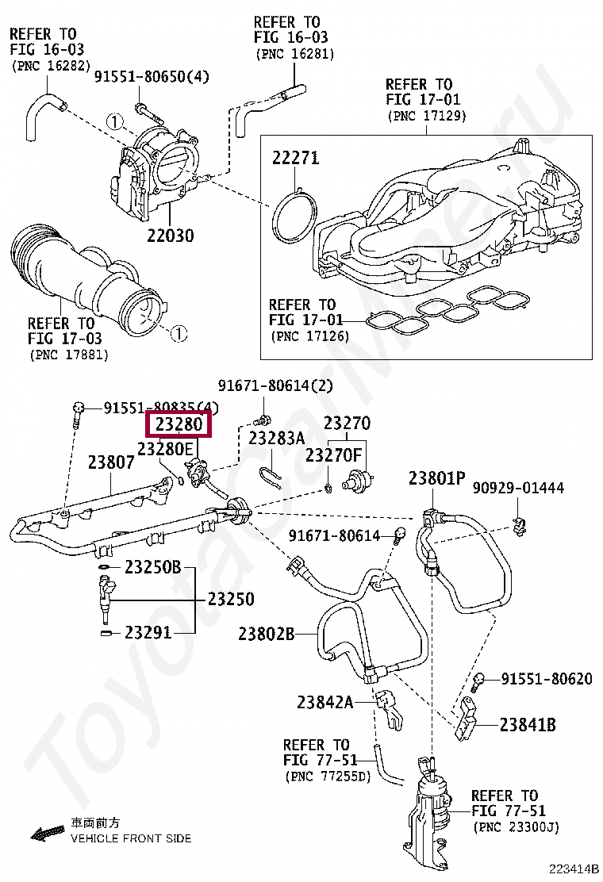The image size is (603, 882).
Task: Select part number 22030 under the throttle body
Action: click(x=170, y=236)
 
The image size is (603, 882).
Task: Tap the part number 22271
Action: click(x=296, y=158)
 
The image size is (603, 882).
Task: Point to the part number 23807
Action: click(x=111, y=462)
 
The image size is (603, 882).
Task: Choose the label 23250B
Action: click(x=153, y=567)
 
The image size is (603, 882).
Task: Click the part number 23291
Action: click(x=148, y=632)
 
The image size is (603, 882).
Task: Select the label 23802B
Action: click(x=267, y=634)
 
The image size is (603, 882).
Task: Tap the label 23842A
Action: click(x=325, y=702)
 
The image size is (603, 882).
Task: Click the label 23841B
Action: click(x=528, y=724)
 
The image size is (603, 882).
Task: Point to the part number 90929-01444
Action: click(x=519, y=487)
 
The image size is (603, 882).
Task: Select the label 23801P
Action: click(x=436, y=478)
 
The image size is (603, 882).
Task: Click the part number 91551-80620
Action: click(x=547, y=679)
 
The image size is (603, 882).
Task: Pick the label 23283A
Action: click(x=276, y=438)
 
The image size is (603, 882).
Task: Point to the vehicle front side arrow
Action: click(x=47, y=833)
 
